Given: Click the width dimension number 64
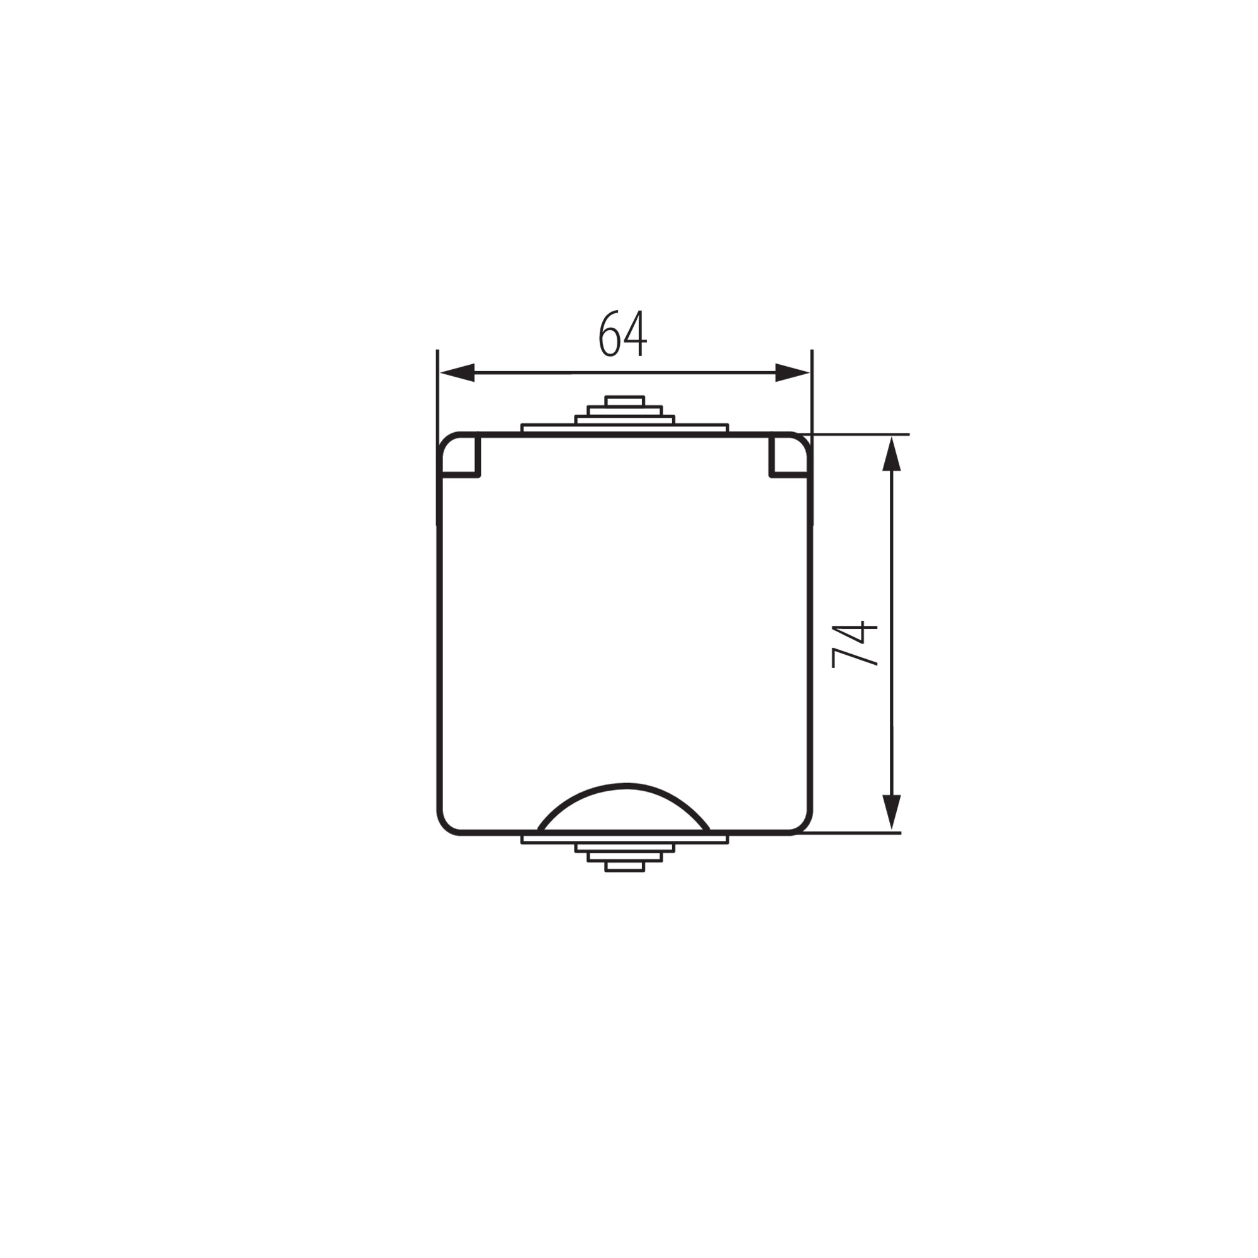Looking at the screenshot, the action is click(x=623, y=333).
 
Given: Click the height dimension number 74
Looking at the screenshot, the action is click(x=855, y=645).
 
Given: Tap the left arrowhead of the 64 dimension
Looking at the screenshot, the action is click(x=458, y=373).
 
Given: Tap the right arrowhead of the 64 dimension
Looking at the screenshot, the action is click(x=792, y=373).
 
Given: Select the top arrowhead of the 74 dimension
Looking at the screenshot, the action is click(x=891, y=454).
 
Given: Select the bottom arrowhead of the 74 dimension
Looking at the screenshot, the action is click(x=891, y=813).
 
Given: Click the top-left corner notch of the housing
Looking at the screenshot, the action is click(x=461, y=456).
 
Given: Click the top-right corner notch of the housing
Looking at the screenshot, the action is click(x=790, y=456).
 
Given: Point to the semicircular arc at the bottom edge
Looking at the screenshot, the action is click(x=625, y=784).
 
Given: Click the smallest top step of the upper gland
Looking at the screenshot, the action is click(x=625, y=401).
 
